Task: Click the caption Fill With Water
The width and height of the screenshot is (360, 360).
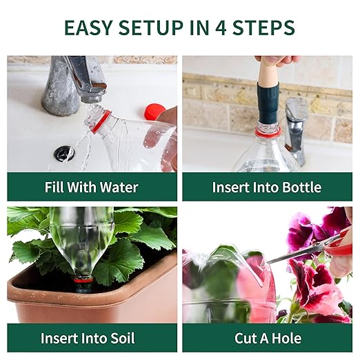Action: pyautogui.click(x=92, y=187)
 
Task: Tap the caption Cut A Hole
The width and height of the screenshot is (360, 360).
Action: pyautogui.click(x=268, y=338)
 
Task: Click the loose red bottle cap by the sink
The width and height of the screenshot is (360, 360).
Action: pyautogui.click(x=154, y=111)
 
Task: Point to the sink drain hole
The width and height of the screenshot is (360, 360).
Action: pyautogui.click(x=65, y=153)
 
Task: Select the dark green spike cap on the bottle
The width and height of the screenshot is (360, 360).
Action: pyautogui.click(x=268, y=103)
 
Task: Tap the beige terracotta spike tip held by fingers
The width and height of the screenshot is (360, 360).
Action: pyautogui.click(x=268, y=72)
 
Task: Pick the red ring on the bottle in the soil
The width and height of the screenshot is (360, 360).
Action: pyautogui.click(x=84, y=280)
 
